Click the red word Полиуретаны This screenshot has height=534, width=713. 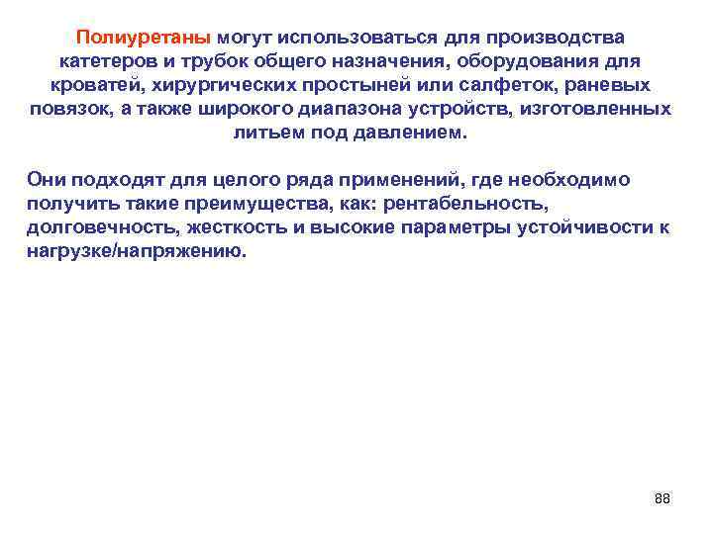144,38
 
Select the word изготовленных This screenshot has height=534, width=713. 603,109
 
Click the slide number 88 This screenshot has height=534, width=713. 662,498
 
